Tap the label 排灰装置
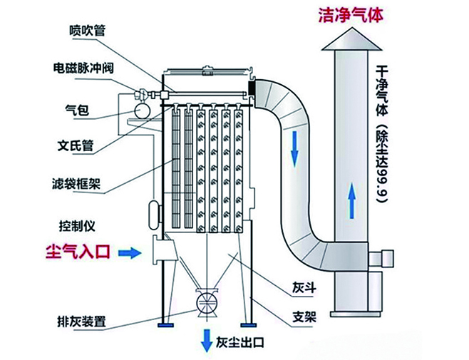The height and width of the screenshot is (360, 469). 81,322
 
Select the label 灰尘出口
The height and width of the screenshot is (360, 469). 240,344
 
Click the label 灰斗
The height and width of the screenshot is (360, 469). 303,289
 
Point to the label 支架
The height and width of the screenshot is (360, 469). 303,319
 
